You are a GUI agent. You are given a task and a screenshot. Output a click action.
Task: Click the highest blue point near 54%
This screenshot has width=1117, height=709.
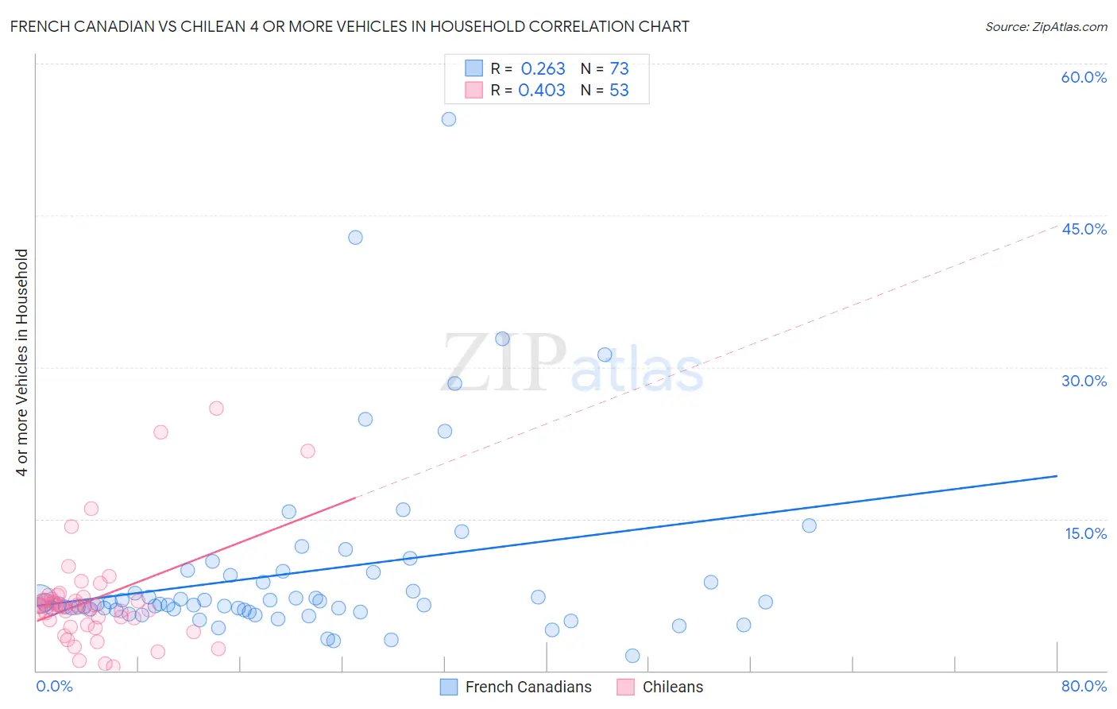[x=449, y=119]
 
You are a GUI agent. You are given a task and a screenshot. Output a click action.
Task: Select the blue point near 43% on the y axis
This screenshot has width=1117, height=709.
[x=355, y=238]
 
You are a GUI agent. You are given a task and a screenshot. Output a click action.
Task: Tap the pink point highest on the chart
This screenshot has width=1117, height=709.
[x=216, y=409]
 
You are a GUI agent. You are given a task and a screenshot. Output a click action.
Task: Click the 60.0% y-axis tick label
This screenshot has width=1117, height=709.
[x=1084, y=77]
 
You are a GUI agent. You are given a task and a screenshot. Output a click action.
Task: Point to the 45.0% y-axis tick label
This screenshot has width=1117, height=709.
[x=1084, y=229]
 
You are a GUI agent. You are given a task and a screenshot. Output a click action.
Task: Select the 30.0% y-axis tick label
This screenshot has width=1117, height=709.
[x=1084, y=381]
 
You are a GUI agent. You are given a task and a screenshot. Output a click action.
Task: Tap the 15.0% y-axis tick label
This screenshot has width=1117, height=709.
[x=1085, y=533]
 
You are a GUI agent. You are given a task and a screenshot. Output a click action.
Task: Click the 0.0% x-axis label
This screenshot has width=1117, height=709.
[x=54, y=686]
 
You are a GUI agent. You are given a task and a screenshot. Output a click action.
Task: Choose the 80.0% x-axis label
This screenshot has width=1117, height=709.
[x=1084, y=686]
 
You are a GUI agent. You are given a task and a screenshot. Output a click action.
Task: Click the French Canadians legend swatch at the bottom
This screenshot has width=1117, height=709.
[x=449, y=687]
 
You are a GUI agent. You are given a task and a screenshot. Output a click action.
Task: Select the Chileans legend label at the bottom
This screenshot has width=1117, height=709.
[x=672, y=687]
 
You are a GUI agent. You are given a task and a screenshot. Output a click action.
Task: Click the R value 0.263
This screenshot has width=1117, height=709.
[x=543, y=69]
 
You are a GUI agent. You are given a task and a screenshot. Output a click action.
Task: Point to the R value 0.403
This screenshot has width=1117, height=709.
[x=542, y=91]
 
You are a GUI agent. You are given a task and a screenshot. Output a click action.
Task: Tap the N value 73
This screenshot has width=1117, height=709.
[x=619, y=69]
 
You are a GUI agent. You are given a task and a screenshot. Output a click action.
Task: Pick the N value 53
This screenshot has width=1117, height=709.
[x=619, y=91]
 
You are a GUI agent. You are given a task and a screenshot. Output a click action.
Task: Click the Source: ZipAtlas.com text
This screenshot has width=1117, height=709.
[x=1045, y=26]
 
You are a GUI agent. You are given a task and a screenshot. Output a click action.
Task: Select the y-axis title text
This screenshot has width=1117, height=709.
[x=22, y=362]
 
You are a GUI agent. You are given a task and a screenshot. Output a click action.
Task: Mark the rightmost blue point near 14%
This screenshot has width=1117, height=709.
[x=809, y=525]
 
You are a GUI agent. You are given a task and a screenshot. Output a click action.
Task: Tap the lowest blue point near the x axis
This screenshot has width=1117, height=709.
[x=632, y=656]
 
